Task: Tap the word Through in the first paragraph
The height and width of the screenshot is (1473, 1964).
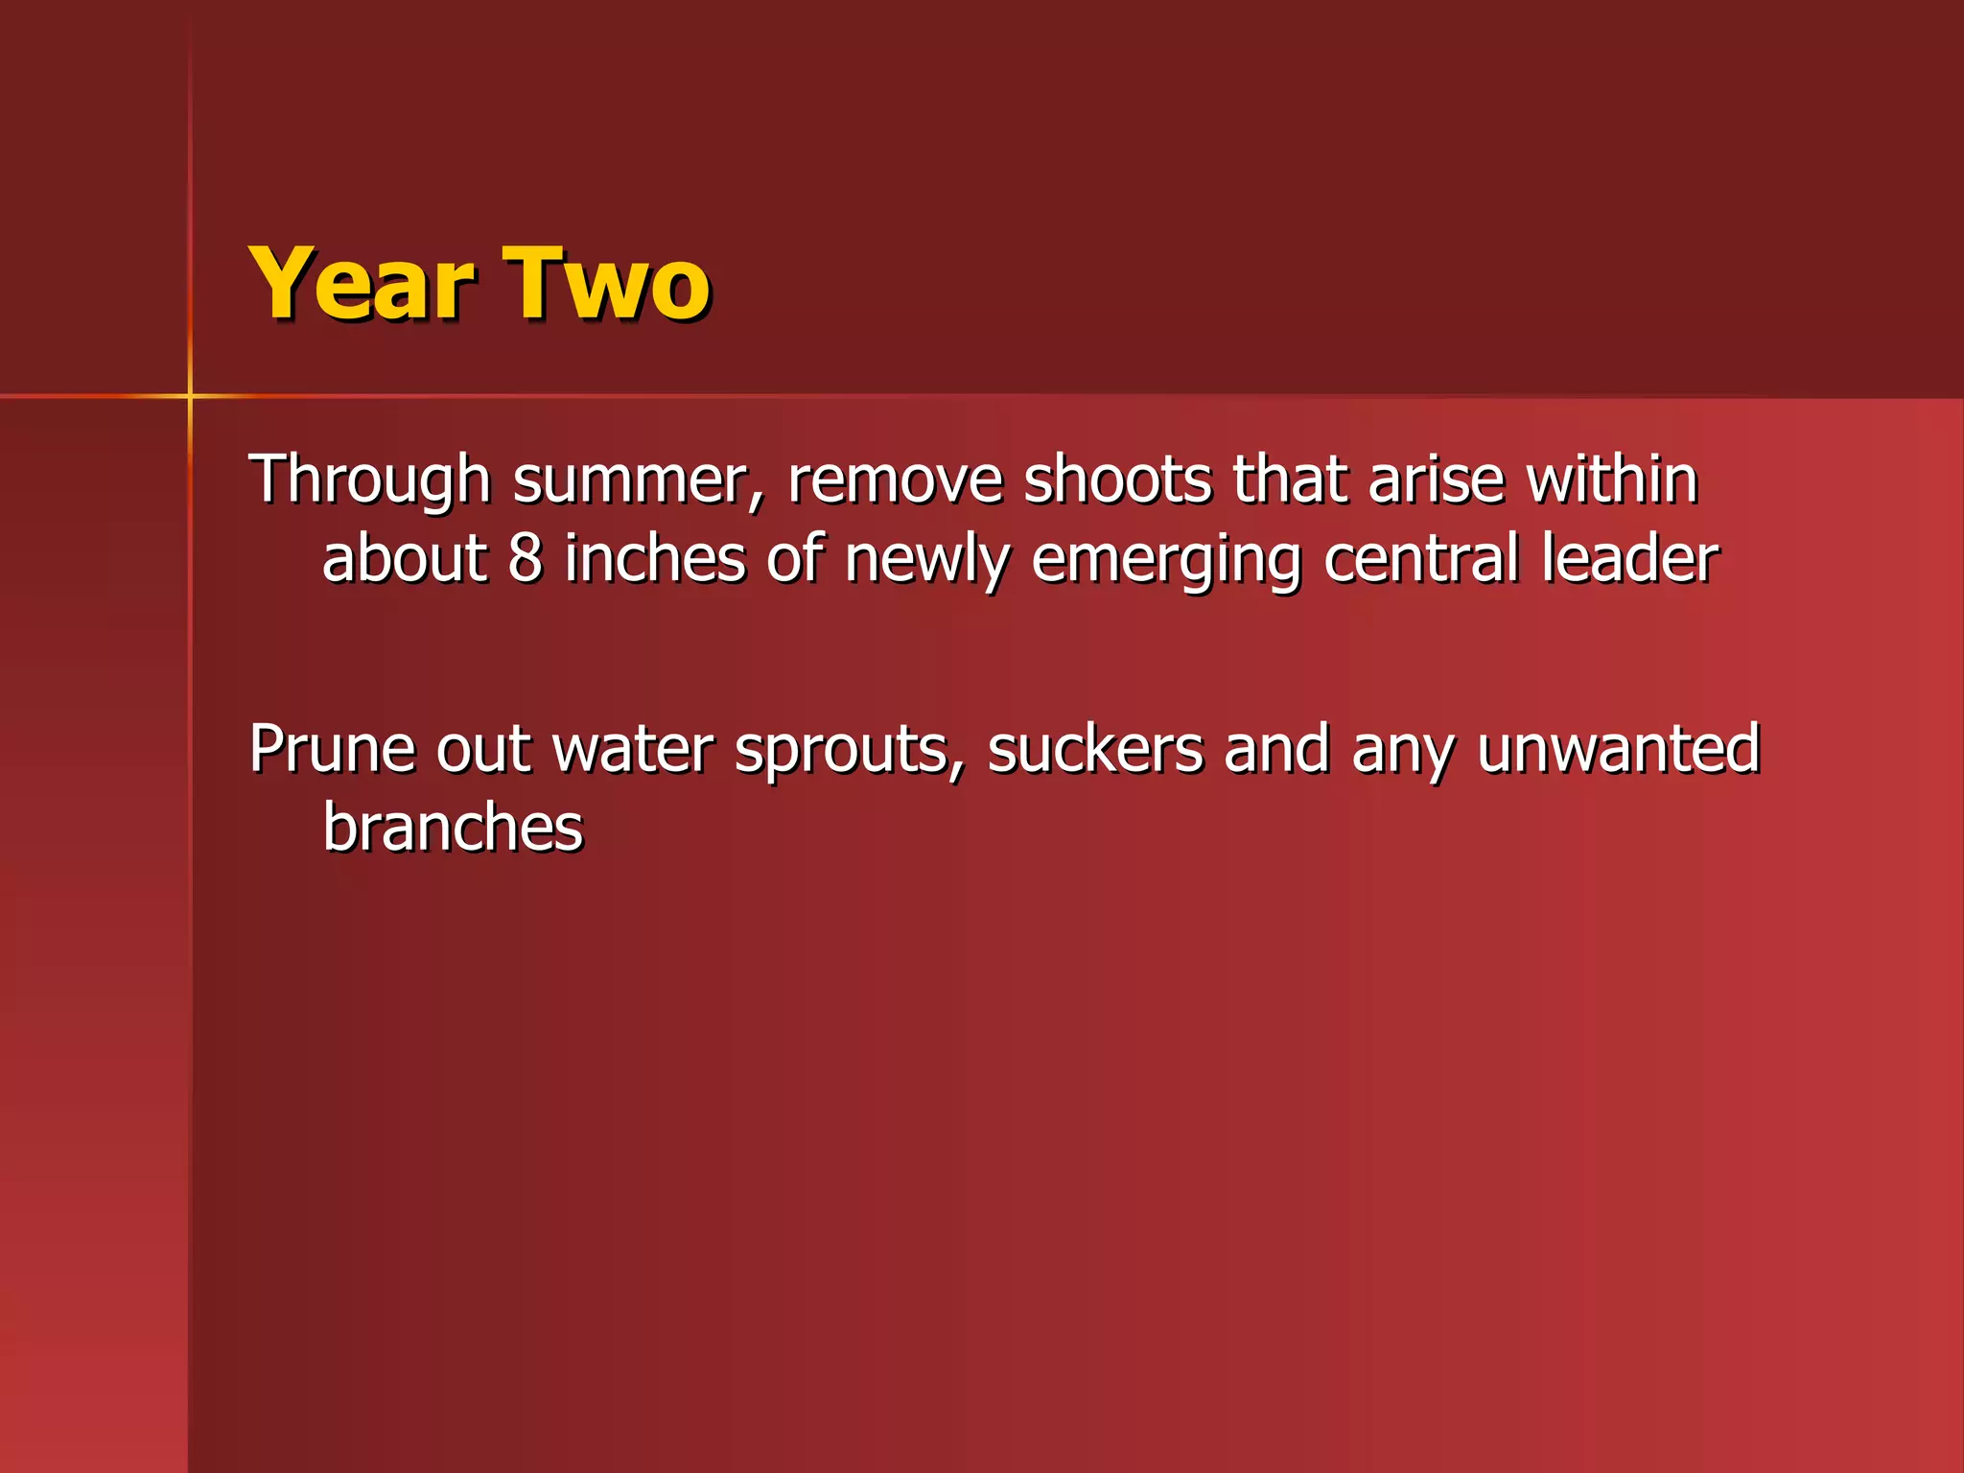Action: point(369,479)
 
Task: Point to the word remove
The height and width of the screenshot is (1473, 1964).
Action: point(894,479)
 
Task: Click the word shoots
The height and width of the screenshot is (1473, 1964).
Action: point(1117,479)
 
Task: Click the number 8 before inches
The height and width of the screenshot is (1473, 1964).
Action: point(525,559)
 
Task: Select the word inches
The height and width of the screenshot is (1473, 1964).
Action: point(655,559)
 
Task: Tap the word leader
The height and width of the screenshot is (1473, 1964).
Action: point(1630,559)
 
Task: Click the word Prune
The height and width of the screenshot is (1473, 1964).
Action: point(332,749)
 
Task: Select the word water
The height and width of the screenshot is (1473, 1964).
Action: point(633,749)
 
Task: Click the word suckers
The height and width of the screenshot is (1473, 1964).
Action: point(1095,749)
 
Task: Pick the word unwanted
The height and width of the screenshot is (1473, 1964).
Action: point(1618,749)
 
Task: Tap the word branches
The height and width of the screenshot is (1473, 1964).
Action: point(453,828)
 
